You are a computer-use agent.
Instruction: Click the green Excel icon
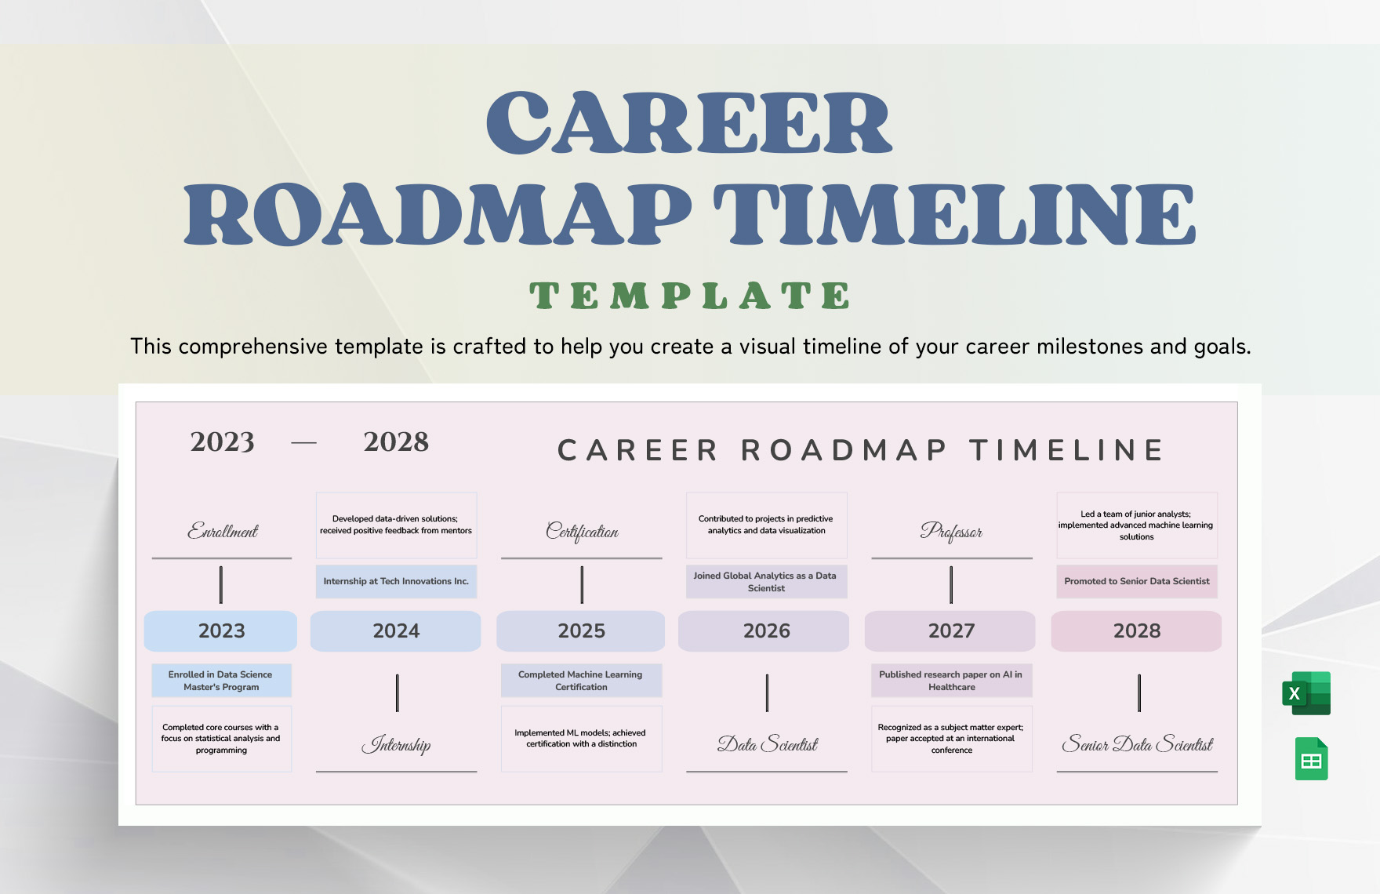pos(1306,693)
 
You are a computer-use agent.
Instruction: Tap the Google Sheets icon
pos(1311,759)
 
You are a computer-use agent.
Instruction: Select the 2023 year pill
pos(221,631)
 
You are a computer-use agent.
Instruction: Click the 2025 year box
pos(581,631)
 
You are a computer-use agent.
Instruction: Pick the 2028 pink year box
pos(1136,631)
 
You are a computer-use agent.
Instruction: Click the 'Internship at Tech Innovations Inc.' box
pos(396,582)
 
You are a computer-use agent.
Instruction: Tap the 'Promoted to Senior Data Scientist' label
pos(1136,582)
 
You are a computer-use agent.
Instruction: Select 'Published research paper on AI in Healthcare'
pos(951,681)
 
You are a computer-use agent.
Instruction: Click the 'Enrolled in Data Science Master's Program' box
pos(220,681)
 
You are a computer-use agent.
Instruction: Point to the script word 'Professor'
pos(951,532)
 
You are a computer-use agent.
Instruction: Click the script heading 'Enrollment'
pos(223,532)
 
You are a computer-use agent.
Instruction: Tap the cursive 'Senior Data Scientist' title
pos(1137,744)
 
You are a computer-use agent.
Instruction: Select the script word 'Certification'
pos(582,532)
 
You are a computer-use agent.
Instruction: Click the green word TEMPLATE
pos(689,296)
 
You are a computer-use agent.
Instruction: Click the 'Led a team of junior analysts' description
pos(1136,525)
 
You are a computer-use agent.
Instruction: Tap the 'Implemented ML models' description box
pos(581,739)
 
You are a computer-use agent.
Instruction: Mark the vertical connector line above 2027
pos(951,585)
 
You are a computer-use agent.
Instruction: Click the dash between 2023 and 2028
pos(303,443)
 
